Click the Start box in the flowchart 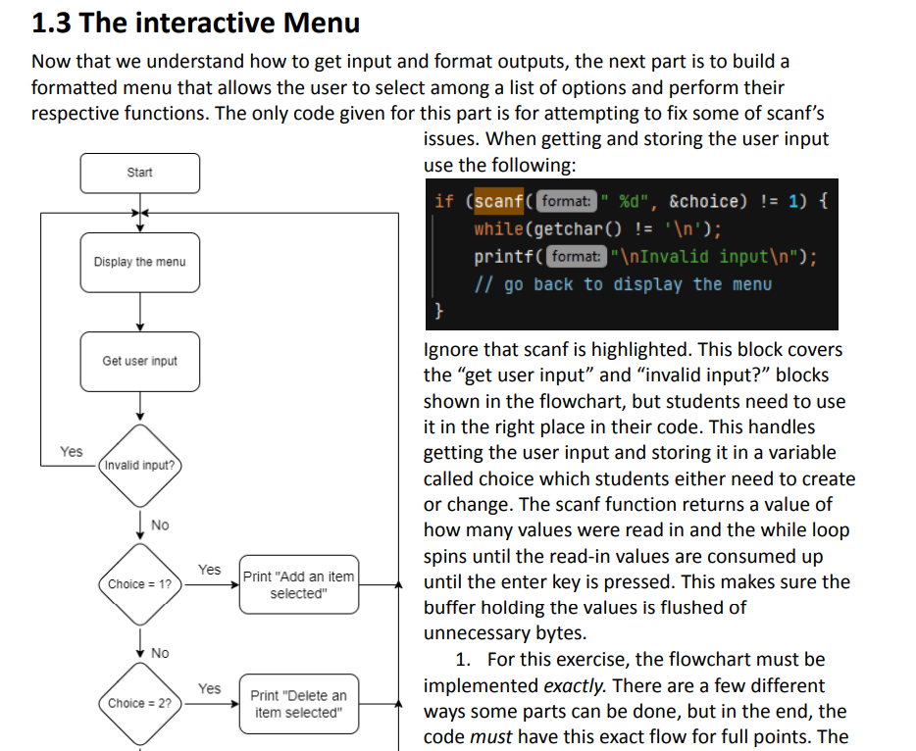tap(140, 173)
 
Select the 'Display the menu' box tap(140, 262)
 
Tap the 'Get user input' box tap(140, 361)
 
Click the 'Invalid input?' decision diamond tap(139, 465)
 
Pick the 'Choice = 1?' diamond tap(139, 584)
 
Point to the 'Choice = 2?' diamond tap(139, 703)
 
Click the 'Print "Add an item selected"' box tap(299, 585)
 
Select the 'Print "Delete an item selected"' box tap(299, 704)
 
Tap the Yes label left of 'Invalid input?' tap(72, 451)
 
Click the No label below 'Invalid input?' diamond tap(160, 526)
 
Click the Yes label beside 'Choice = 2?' tap(210, 688)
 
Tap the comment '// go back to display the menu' tap(623, 284)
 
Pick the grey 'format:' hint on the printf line tap(576, 257)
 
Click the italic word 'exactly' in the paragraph tap(575, 685)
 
